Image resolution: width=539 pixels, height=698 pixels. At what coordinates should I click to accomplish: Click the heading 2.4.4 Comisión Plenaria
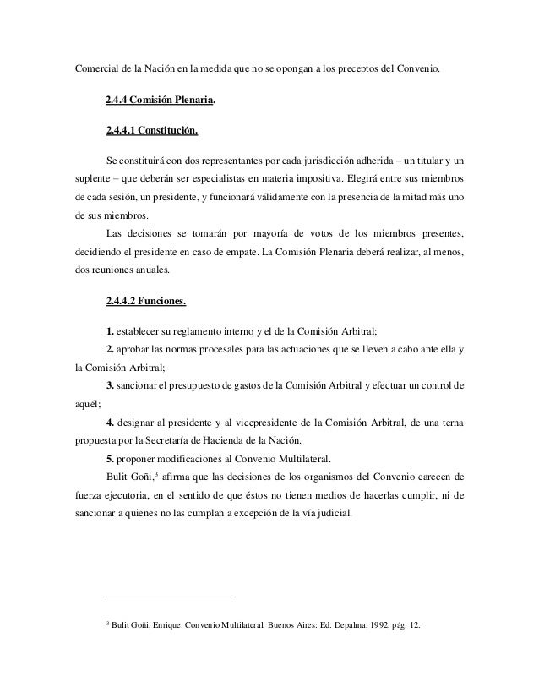point(161,100)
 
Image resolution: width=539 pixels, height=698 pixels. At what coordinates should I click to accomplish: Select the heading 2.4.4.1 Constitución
point(152,130)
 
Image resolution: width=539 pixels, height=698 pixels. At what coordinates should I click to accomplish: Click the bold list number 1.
point(111,331)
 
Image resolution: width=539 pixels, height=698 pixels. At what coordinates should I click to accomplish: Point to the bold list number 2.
point(111,349)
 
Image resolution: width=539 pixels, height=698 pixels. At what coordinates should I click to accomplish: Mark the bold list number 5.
point(111,459)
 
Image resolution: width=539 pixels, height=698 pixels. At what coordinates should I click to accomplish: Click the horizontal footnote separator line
point(169,597)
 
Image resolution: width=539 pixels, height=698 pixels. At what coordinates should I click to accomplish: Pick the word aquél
point(80,404)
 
